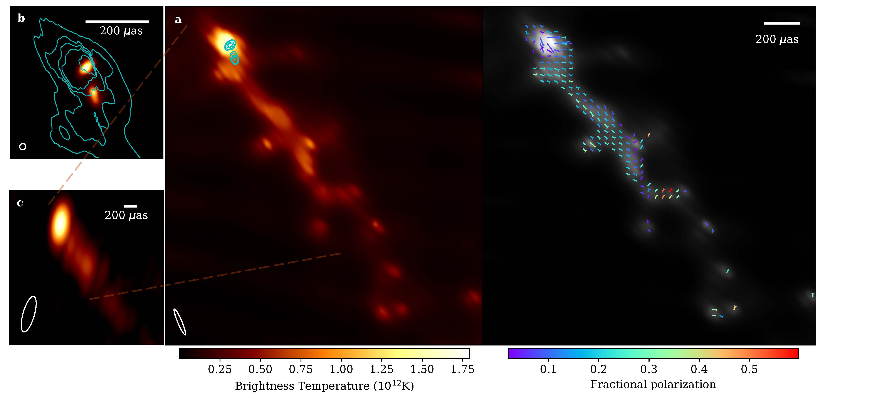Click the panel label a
[178, 20]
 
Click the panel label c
[20, 203]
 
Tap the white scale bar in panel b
[117, 22]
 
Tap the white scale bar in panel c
[130, 206]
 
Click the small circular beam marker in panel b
[23, 146]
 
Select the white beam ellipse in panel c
[29, 314]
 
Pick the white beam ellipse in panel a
[180, 322]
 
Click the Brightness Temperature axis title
[324, 386]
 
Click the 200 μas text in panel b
[121, 31]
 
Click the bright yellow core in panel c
[60, 222]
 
